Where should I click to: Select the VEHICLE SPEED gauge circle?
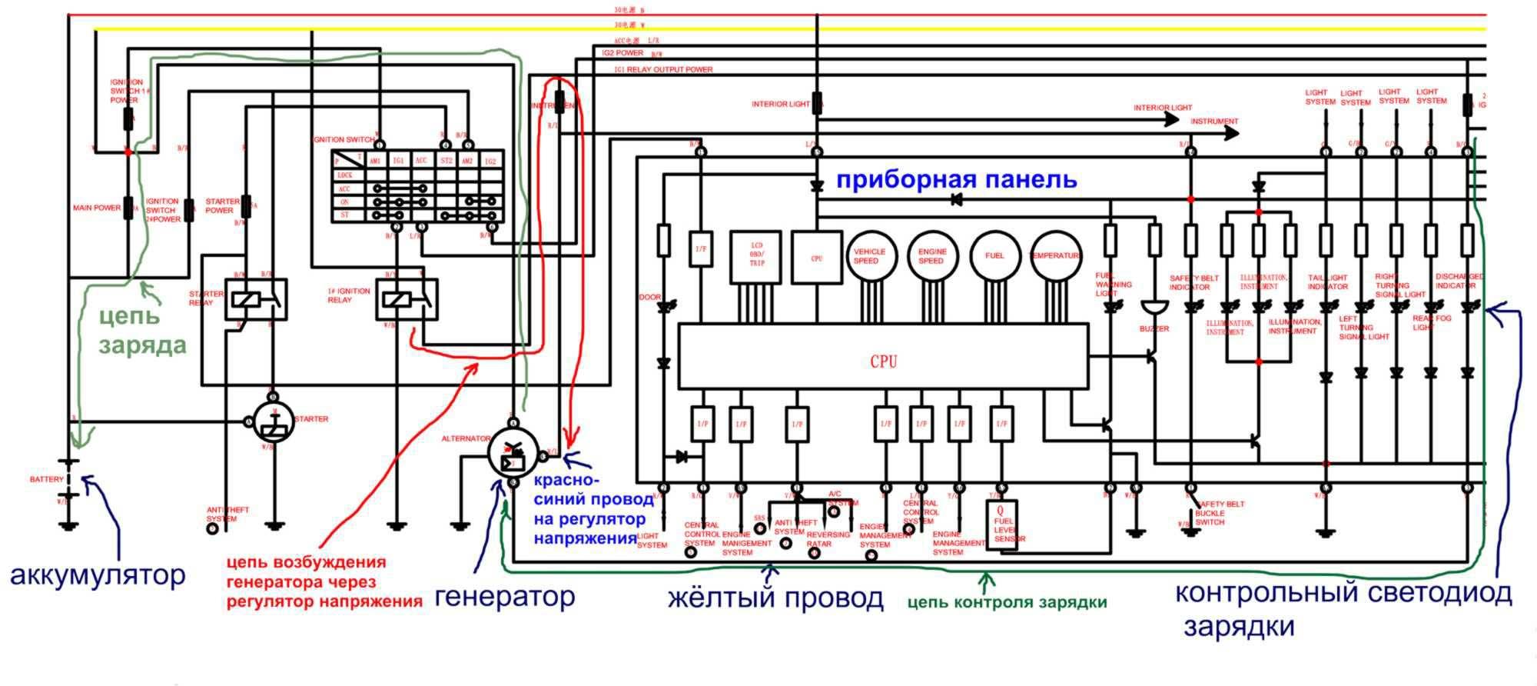click(869, 256)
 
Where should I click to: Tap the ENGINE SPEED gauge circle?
click(931, 256)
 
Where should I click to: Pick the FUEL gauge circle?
click(994, 256)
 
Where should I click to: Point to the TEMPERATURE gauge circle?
click(1055, 256)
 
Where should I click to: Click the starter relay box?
click(256, 299)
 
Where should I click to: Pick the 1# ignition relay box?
click(407, 299)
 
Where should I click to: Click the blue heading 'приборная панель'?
click(956, 180)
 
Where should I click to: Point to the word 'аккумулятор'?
click(98, 575)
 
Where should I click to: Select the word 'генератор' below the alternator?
click(505, 596)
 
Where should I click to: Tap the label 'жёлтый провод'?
click(775, 598)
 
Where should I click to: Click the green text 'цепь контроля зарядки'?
click(1007, 603)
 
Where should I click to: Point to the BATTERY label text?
click(47, 480)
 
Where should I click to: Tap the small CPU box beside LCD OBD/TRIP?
click(816, 258)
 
